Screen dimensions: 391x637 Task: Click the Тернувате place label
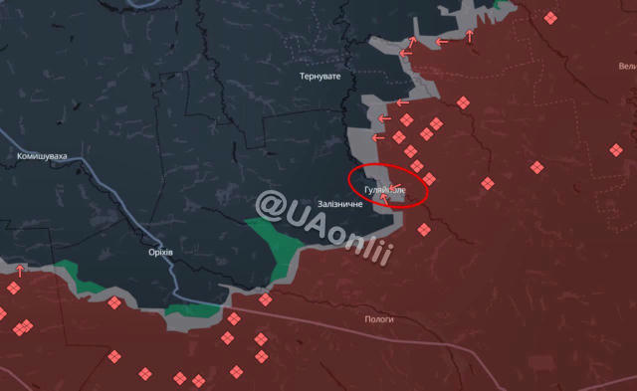click(x=319, y=76)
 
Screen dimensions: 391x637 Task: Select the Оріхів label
click(x=159, y=252)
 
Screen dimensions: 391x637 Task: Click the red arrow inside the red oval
click(x=384, y=197)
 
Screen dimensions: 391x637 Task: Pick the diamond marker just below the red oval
click(x=424, y=229)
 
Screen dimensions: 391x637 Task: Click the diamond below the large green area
click(x=265, y=299)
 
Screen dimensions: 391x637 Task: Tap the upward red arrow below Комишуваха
click(x=19, y=270)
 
